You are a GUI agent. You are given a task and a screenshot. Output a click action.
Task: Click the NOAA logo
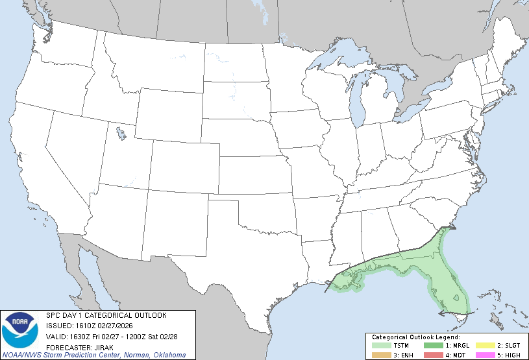19,331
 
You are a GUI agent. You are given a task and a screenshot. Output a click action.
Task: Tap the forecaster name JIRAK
101,346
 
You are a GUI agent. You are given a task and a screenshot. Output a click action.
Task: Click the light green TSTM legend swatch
380,346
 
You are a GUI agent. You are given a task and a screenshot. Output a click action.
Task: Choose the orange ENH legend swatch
380,355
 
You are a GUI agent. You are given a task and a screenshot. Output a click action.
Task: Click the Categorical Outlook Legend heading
415,337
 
